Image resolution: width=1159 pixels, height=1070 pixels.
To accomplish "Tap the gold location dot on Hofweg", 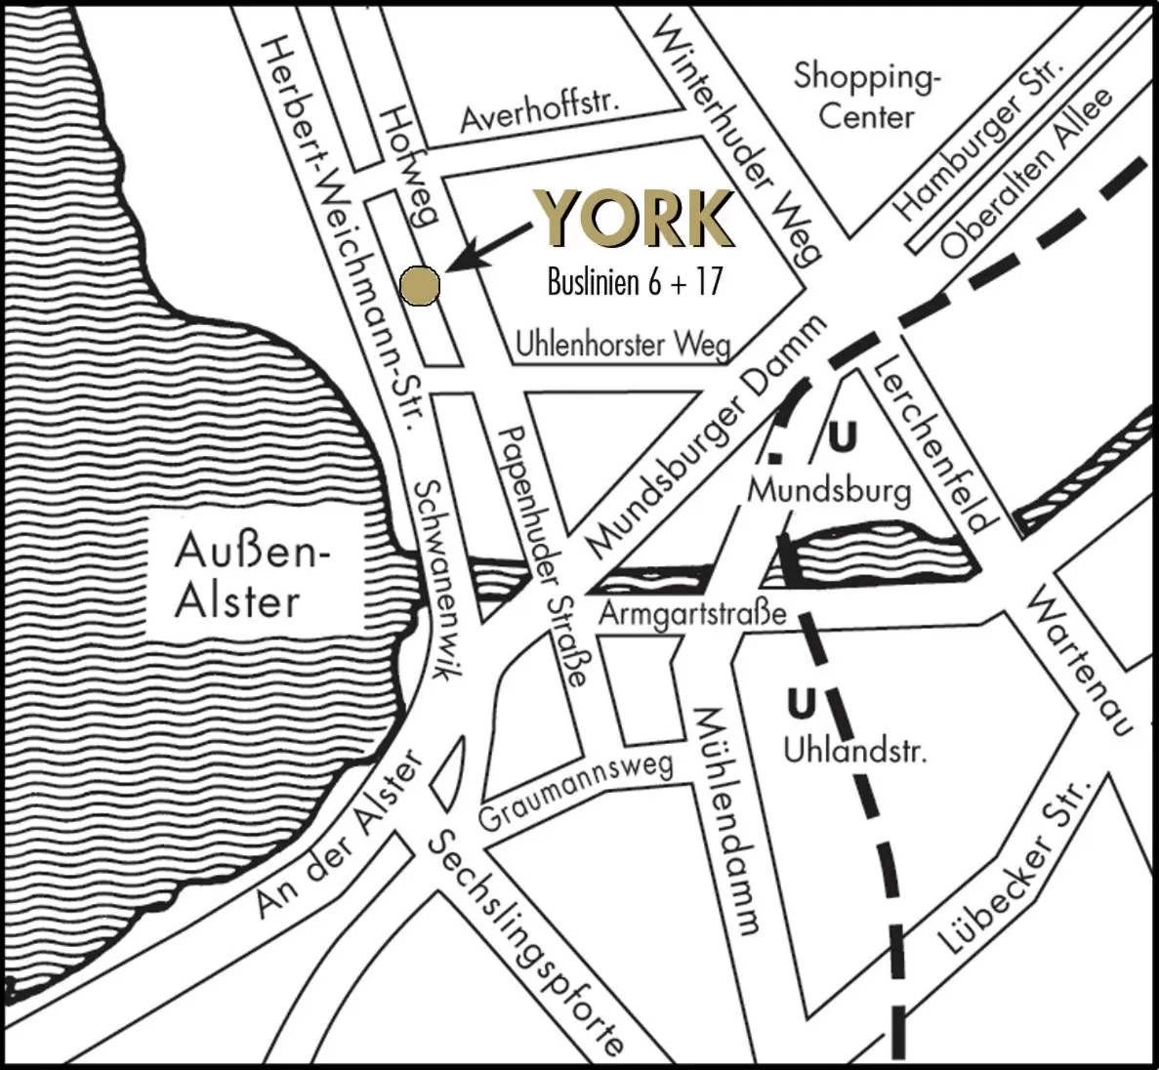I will click(421, 284).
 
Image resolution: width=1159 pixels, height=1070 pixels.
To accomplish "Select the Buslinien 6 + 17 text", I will click(635, 282).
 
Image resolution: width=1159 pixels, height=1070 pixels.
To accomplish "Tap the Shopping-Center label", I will click(866, 96).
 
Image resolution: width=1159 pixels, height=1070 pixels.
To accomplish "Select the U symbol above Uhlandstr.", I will click(802, 703).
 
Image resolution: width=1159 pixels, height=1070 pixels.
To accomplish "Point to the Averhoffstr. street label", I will click(541, 115).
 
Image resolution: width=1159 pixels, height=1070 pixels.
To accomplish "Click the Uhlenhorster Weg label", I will click(622, 344).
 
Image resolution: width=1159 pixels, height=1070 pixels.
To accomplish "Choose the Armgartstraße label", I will click(692, 615).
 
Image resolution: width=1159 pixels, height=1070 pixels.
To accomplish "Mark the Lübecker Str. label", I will click(1012, 867).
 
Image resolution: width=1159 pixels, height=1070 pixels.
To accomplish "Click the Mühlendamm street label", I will click(726, 820).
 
